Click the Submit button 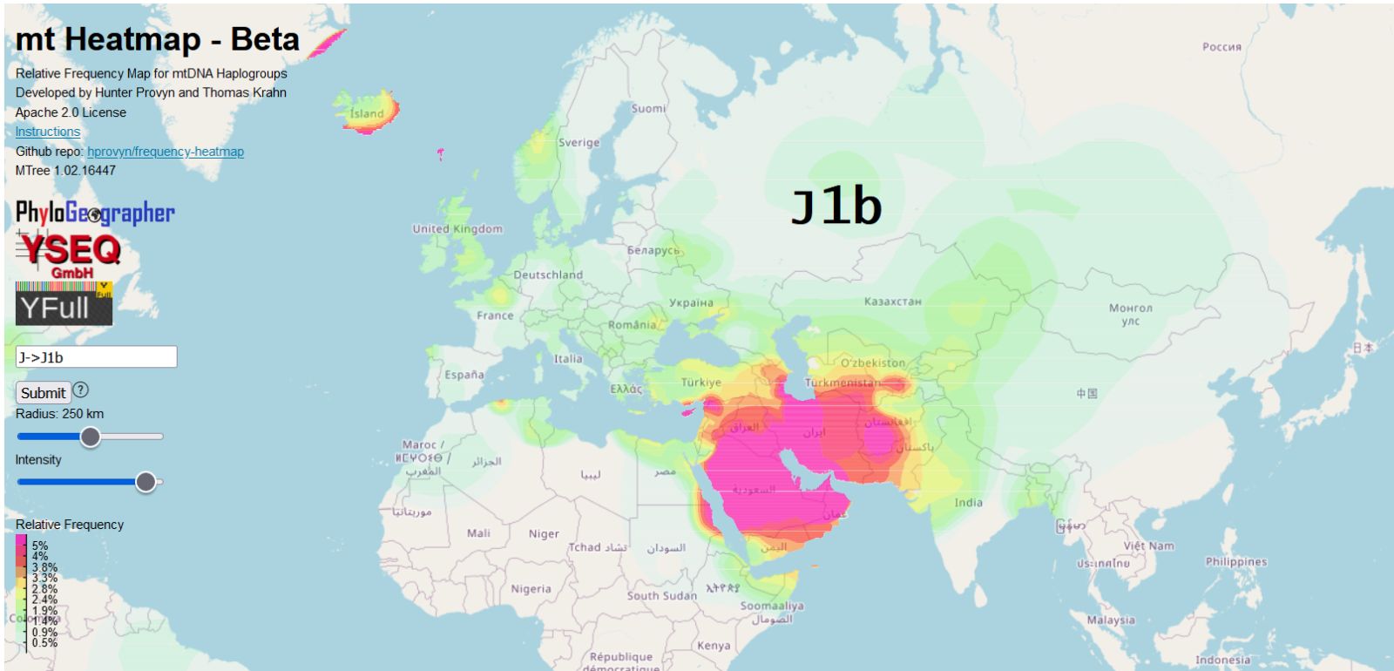coord(43,393)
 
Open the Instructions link coord(48,132)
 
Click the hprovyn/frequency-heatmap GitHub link coord(166,152)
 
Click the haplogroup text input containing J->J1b coord(96,357)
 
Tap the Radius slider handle coord(90,437)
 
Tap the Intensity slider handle coord(145,481)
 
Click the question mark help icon coord(81,390)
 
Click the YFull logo coord(64,304)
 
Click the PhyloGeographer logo coord(95,213)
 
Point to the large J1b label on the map coord(836,207)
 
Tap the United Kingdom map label coord(457,229)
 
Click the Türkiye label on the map coord(700,383)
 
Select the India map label coord(968,503)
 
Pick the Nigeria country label coord(531,589)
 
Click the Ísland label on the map coord(367,113)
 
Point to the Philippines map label coord(1235,562)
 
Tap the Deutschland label coord(547,275)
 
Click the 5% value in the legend coord(40,546)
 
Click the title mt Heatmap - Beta coord(158,40)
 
